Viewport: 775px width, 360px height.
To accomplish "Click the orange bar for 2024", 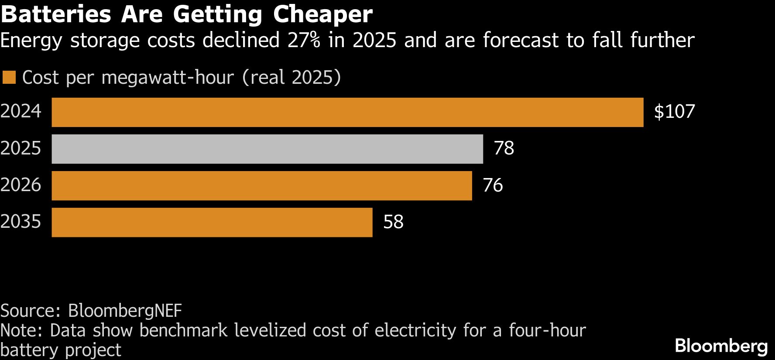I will (x=347, y=112).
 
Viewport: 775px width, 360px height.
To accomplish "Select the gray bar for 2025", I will (x=267, y=149).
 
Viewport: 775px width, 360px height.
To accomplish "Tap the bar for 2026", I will (x=262, y=185).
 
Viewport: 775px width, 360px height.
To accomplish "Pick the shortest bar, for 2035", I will (x=212, y=222).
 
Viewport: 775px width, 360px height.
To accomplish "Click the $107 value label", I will (x=674, y=112).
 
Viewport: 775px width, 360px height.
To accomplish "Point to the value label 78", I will (x=504, y=148).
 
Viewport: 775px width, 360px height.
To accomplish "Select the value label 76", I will (x=493, y=185).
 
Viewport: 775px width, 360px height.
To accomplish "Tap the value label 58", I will (x=393, y=222).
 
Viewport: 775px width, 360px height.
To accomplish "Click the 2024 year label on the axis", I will (x=21, y=111).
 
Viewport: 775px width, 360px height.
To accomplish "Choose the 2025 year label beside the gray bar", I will (x=21, y=148).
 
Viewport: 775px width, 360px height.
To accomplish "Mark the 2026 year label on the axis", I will (x=21, y=185).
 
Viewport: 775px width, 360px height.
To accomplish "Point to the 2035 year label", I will (x=21, y=222).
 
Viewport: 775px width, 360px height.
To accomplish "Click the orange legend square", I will (x=9, y=77).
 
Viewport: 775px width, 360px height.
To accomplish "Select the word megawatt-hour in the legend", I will (x=168, y=78).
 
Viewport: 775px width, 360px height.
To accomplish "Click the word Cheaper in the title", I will (x=323, y=14).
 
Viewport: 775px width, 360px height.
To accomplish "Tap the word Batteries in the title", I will (x=56, y=14).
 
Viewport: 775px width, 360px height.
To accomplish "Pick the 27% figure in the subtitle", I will (x=304, y=40).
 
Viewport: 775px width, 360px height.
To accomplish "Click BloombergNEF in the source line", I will (x=125, y=311).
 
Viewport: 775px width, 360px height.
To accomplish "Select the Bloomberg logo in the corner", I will (x=721, y=346).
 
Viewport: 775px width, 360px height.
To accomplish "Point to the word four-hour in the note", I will (x=547, y=330).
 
